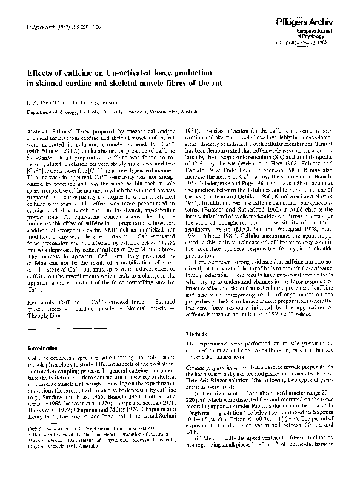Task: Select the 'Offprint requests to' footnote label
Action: click(x=46, y=445)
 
